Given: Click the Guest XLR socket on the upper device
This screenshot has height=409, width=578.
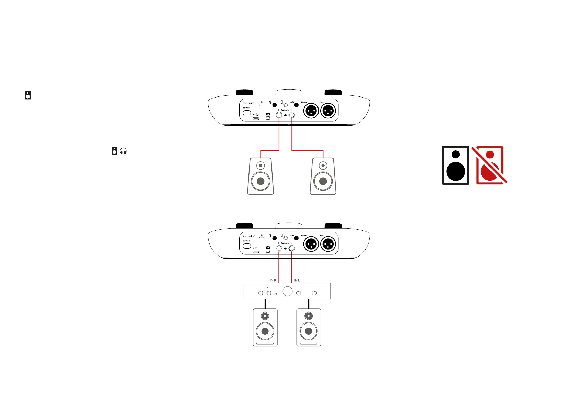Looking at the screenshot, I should [311, 111].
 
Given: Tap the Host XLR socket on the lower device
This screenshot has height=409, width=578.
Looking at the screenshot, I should [328, 244].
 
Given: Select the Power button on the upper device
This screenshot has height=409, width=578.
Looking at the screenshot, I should [247, 113].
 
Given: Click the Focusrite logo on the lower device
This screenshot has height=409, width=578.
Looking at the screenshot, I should [248, 236].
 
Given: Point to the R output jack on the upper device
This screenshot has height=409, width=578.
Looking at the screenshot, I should [279, 115].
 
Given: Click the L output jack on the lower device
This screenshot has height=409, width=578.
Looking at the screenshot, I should [292, 248].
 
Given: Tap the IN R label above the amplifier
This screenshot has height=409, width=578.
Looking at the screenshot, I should [273, 280].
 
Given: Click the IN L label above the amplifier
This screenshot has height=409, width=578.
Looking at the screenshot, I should [297, 280].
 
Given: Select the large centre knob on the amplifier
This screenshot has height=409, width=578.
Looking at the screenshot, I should [288, 291].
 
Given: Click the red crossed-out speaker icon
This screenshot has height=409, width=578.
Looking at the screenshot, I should [490, 165].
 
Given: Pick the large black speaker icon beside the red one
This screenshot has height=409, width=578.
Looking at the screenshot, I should [455, 165].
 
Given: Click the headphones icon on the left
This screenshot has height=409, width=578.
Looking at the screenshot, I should [123, 151].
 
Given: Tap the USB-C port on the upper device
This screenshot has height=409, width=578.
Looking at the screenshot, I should [256, 118].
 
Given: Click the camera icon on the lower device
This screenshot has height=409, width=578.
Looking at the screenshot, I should [268, 247].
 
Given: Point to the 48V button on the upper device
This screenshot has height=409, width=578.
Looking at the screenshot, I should [296, 105].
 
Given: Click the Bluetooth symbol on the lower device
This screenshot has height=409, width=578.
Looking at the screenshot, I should [270, 236].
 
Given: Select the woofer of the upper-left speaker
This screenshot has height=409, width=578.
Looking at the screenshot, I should [261, 181].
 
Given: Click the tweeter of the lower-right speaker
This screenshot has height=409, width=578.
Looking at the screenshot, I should [309, 316].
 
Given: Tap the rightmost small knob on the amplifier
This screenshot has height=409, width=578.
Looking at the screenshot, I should [314, 293].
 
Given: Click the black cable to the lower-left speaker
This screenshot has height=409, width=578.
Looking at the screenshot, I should [265, 304].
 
